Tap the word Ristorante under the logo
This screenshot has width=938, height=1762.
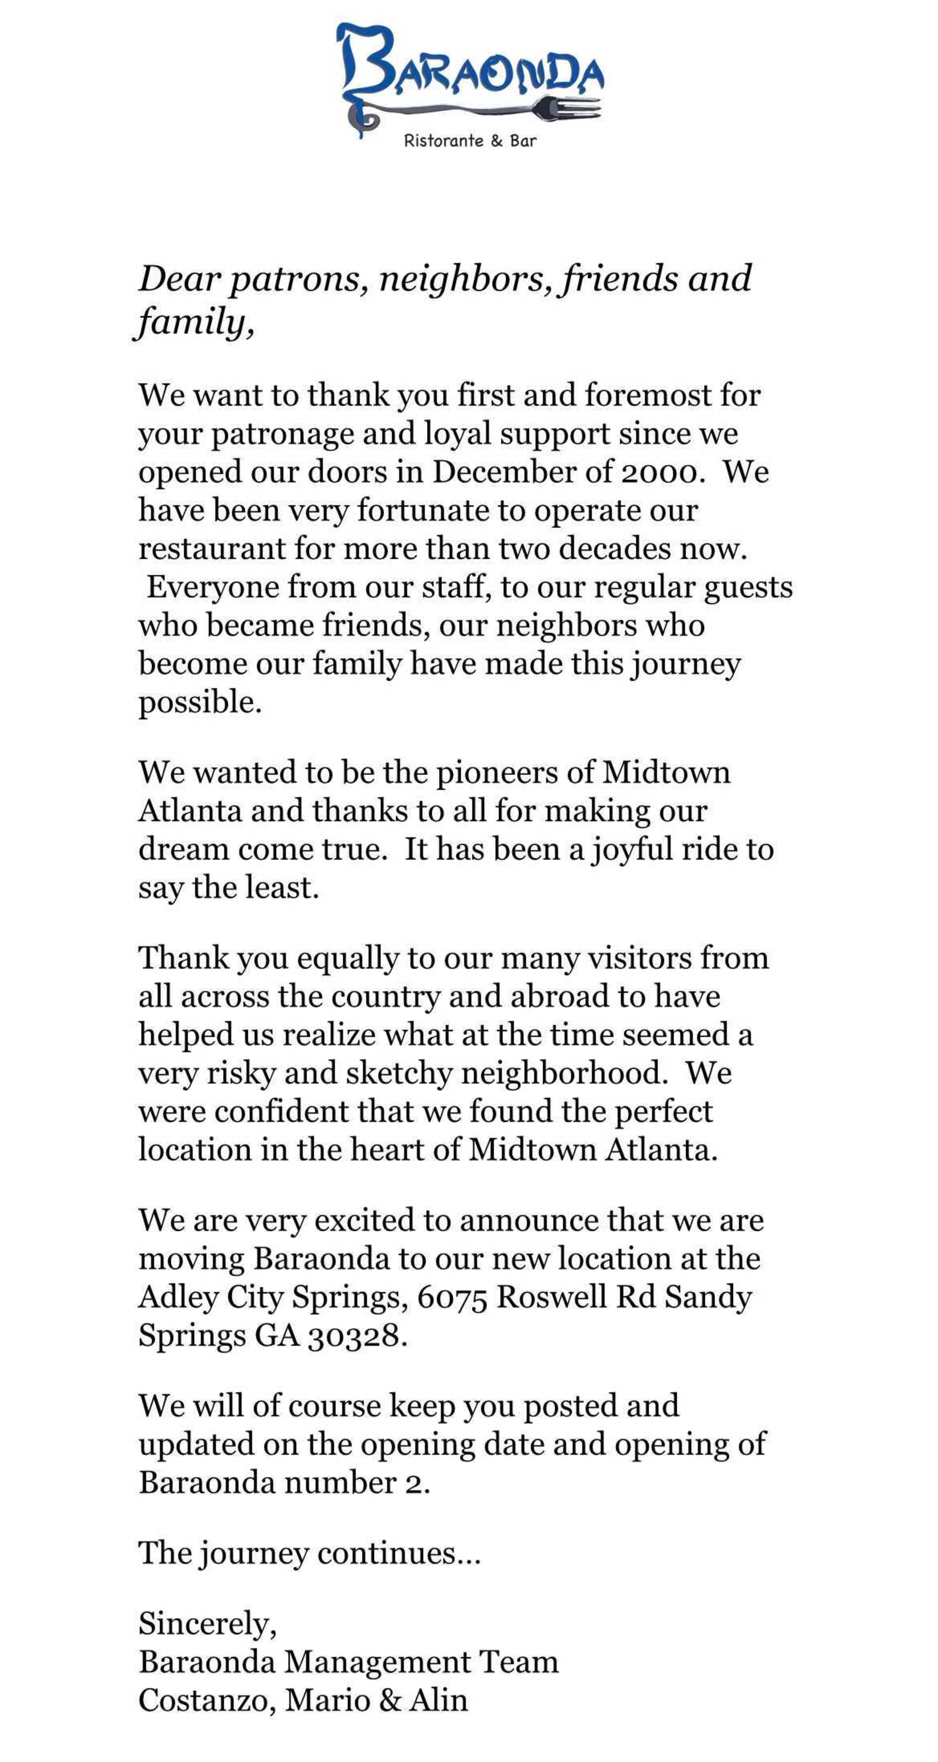click(x=443, y=141)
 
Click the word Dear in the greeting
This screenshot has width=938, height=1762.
click(x=179, y=279)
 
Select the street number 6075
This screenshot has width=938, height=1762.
click(x=452, y=1297)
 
